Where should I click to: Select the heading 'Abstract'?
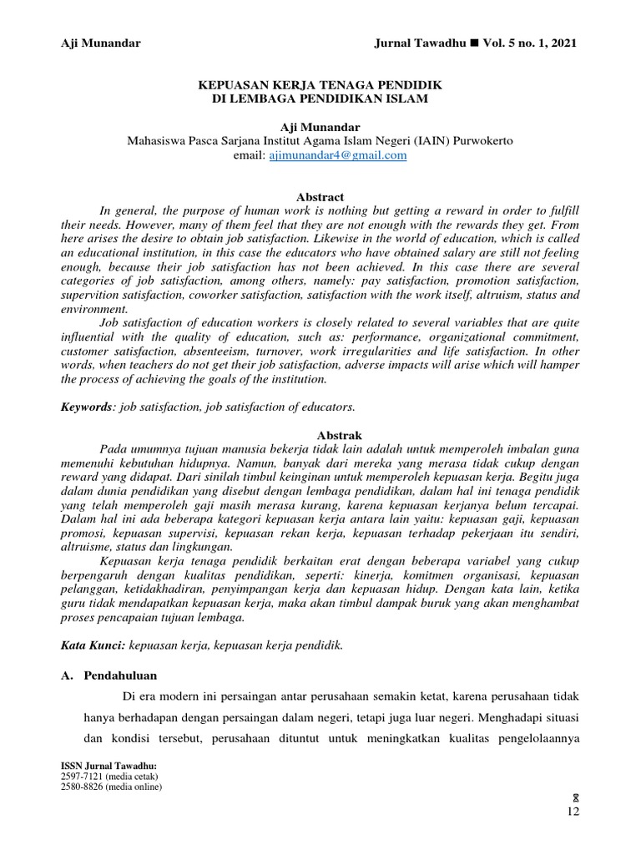pos(320,196)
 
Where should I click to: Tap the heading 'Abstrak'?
pos(320,436)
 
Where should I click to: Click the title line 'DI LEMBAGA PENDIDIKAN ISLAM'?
pos(320,99)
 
